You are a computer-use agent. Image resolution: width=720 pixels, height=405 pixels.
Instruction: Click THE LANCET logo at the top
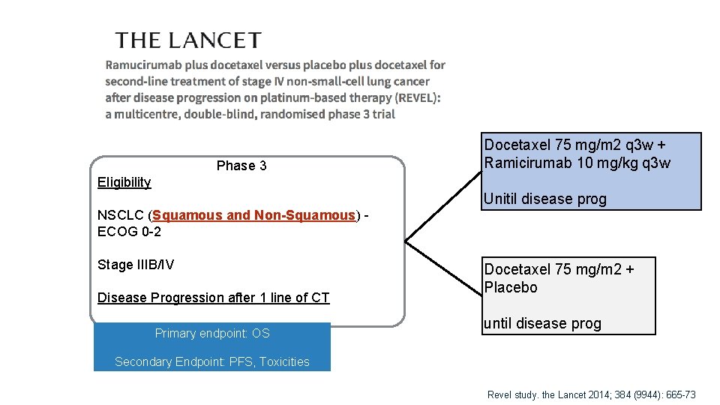click(188, 40)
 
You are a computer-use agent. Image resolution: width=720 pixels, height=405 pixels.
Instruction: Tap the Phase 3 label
click(241, 166)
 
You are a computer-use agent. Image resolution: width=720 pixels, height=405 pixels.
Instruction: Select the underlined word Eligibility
click(124, 182)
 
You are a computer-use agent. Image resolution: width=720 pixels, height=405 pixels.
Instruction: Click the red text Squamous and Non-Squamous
click(253, 216)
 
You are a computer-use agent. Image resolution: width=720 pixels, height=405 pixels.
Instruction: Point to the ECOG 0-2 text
click(129, 232)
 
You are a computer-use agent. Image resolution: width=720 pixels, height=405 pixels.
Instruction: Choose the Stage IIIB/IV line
click(136, 265)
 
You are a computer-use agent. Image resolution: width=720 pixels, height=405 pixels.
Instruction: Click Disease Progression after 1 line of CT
click(214, 298)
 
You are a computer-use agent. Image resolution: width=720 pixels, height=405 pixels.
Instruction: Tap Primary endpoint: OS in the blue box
click(212, 334)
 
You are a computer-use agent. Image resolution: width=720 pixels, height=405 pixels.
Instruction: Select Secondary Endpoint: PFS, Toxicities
click(212, 362)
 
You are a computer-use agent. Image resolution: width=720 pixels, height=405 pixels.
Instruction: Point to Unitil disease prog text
click(545, 199)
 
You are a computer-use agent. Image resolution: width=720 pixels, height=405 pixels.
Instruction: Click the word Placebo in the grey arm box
click(511, 288)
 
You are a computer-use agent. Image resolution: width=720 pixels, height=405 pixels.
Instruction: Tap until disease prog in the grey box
click(543, 324)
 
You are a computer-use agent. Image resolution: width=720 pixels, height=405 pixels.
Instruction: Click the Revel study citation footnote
click(592, 394)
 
